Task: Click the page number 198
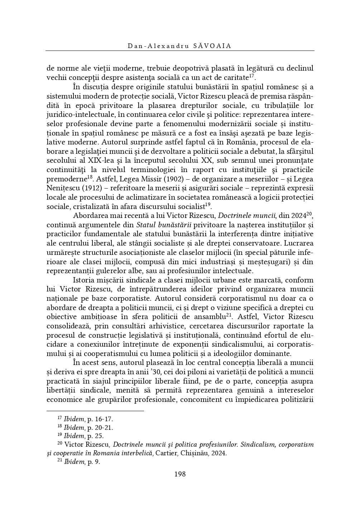pos(180,474)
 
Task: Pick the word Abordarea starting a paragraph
pos(90,216)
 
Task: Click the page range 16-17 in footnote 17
pos(104,419)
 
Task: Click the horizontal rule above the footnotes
pos(95,411)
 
